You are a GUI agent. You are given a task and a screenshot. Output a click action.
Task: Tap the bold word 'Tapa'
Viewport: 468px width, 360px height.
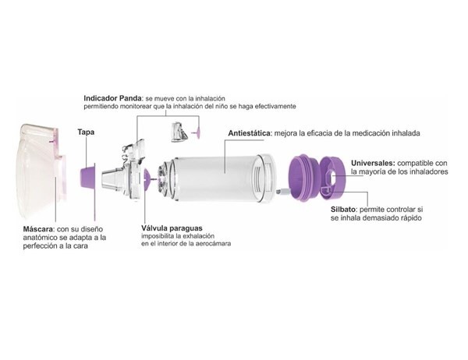(86, 132)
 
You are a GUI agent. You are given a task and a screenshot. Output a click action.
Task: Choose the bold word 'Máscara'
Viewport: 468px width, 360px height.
(40, 229)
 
